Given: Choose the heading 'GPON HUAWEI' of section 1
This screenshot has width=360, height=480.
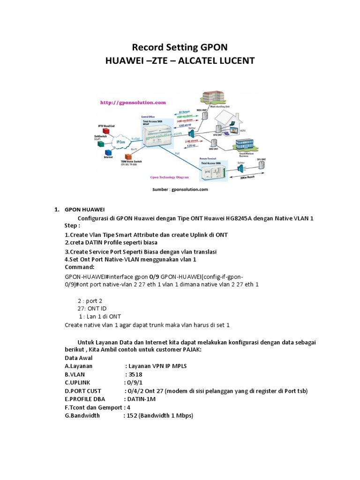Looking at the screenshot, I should point(85,209).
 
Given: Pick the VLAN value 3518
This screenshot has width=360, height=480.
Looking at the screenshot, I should point(134,375).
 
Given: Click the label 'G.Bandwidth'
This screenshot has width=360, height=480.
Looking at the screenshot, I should point(82,416).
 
